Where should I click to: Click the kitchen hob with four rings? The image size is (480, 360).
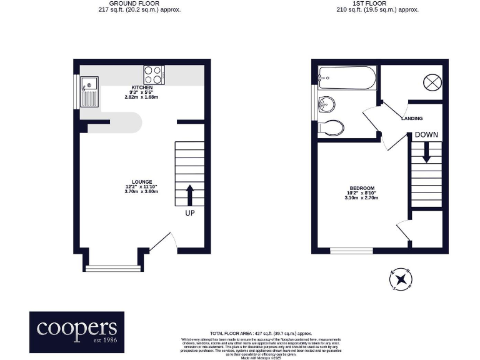(154, 75)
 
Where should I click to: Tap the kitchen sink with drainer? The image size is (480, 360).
(89, 91)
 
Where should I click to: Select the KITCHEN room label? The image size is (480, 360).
(141, 87)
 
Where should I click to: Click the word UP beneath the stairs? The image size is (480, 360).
(190, 214)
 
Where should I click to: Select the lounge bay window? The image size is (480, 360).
(113, 269)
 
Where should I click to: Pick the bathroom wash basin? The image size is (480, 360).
(326, 104)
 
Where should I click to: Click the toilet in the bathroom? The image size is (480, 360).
(331, 128)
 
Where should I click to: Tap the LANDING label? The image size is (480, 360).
(411, 118)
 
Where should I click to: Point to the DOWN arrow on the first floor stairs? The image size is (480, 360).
(426, 152)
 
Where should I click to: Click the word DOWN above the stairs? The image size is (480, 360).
(426, 134)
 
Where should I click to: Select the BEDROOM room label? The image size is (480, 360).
(361, 189)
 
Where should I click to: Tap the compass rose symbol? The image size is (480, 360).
(400, 279)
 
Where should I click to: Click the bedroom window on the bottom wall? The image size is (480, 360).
(352, 251)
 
